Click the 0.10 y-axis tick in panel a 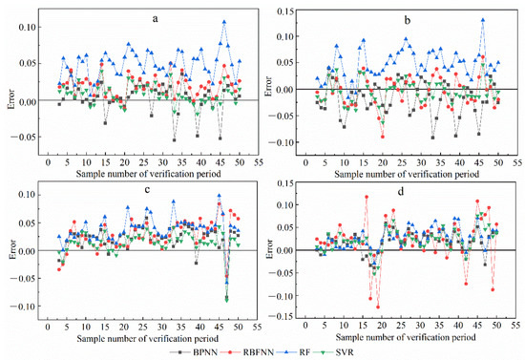coord(28,27)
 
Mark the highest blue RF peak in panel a coord(224,21)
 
